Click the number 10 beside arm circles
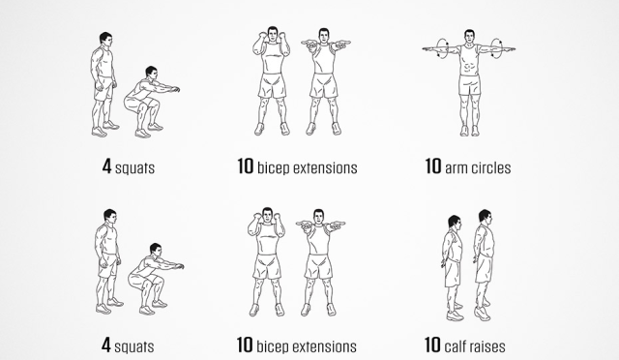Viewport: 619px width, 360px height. point(433,166)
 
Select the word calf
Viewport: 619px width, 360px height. point(456,345)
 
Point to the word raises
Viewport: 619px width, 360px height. point(487,346)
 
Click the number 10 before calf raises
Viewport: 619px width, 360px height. point(432,345)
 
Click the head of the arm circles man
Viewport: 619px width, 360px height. point(469,37)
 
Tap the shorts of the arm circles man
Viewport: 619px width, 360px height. point(469,84)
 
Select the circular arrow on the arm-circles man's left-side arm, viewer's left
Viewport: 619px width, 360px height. point(442,48)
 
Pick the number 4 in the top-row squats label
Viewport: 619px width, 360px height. point(106,166)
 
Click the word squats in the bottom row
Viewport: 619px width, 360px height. point(134,347)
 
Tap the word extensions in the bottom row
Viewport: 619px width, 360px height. point(325,346)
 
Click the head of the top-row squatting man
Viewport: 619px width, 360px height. point(151,74)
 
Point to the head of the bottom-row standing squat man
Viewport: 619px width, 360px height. point(110,216)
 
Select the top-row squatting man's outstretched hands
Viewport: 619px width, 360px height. point(174,89)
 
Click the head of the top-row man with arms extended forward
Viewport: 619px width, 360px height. point(324,36)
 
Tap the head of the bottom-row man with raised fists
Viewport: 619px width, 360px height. point(268,215)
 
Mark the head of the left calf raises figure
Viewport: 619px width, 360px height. point(455,223)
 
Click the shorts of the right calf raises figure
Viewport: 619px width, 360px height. point(484,268)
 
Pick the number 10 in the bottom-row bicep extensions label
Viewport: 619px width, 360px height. point(245,345)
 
